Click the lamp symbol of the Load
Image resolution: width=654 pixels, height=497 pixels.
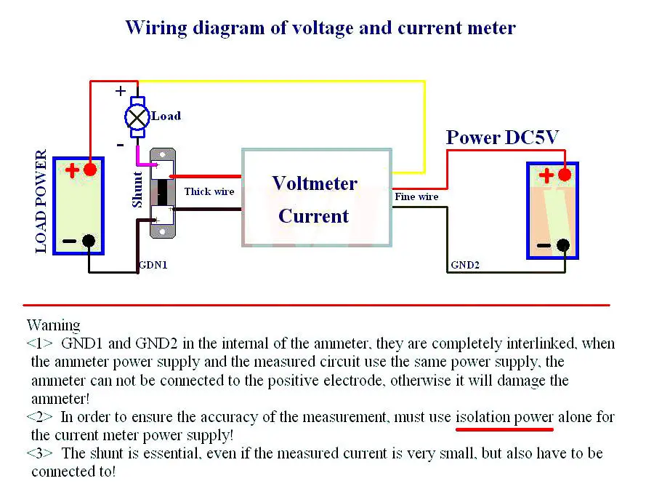137,117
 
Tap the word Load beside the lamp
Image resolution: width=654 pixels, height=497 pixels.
166,116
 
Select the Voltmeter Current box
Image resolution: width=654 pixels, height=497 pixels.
317,197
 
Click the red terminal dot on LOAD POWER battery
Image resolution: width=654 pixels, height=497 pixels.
90,170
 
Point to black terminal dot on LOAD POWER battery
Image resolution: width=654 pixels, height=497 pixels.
89,241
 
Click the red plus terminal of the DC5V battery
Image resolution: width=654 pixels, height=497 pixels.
565,175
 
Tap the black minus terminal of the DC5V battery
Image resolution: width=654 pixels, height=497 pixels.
563,245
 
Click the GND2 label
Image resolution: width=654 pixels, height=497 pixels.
465,265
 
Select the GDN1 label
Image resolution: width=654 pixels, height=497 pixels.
153,265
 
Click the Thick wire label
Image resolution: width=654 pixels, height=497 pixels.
209,191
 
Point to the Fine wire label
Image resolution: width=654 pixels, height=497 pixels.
416,196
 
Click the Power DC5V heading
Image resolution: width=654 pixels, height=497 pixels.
502,138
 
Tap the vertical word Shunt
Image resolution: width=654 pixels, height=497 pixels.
137,189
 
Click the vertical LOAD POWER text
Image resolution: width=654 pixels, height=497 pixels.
41,202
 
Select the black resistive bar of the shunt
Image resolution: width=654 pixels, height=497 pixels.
162,193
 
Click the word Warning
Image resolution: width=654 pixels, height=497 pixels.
53,325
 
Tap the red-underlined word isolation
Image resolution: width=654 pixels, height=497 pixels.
483,417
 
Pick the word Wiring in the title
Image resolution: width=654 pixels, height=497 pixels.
156,28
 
